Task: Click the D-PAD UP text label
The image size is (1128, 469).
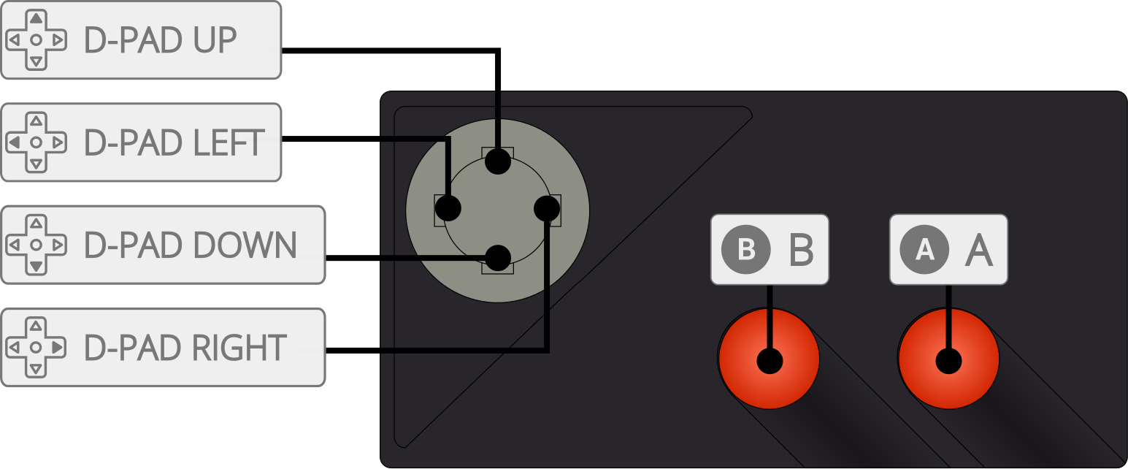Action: (x=161, y=40)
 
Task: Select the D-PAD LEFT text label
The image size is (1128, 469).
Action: (x=174, y=142)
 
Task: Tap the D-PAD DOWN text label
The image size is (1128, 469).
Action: (x=191, y=245)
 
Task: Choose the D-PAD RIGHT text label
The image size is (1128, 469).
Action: (x=185, y=347)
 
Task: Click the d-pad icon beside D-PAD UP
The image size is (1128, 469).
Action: (x=36, y=40)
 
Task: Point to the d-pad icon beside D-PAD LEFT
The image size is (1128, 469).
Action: (x=36, y=142)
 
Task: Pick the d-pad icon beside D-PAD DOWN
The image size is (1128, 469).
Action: (x=36, y=245)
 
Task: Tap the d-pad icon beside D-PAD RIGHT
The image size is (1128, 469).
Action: (x=36, y=347)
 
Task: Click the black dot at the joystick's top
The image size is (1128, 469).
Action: (x=498, y=161)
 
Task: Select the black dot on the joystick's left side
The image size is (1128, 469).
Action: (x=448, y=210)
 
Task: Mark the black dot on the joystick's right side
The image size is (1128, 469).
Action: (x=547, y=210)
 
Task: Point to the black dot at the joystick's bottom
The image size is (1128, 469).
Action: (x=498, y=257)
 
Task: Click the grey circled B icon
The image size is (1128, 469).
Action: (x=746, y=249)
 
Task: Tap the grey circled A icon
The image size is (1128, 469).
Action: (x=924, y=249)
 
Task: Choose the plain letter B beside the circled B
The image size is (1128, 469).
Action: (x=801, y=250)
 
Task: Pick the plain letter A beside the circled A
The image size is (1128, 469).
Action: (x=979, y=250)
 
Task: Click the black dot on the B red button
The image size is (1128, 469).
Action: (x=770, y=360)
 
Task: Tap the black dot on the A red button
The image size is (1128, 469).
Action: (x=949, y=360)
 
